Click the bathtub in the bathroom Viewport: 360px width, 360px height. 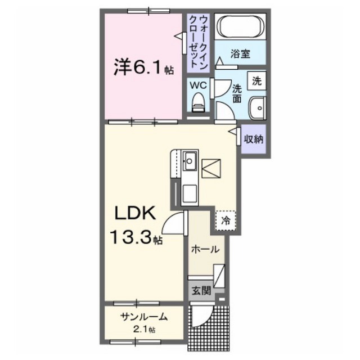(x=242, y=27)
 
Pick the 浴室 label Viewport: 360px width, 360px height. (x=240, y=55)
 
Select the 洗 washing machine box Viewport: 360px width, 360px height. (x=256, y=80)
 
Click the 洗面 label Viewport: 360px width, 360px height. (x=237, y=93)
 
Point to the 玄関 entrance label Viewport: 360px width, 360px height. (x=200, y=291)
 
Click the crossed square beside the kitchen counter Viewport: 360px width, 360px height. (x=212, y=168)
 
